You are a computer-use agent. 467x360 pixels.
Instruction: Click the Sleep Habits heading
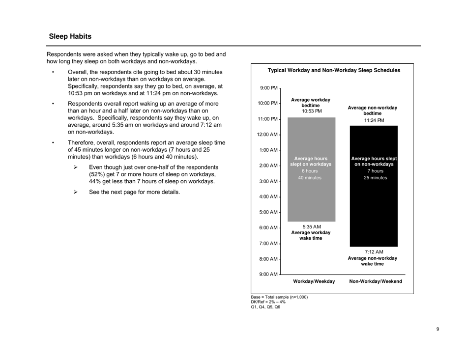(x=70, y=37)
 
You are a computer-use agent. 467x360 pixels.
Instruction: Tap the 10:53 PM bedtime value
(x=311, y=111)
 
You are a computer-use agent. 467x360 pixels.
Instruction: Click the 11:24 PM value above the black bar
(x=374, y=120)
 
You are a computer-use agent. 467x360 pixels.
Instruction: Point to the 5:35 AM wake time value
(x=311, y=226)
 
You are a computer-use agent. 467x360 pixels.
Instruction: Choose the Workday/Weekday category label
(x=314, y=281)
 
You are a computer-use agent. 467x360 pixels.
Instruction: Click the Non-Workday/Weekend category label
(x=375, y=281)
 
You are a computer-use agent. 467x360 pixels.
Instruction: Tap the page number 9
(x=438, y=329)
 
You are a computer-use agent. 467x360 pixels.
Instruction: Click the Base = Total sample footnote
(x=279, y=297)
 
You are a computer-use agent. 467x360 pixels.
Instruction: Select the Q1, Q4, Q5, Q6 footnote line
(x=265, y=307)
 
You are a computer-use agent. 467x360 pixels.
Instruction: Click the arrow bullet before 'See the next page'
(x=76, y=192)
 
